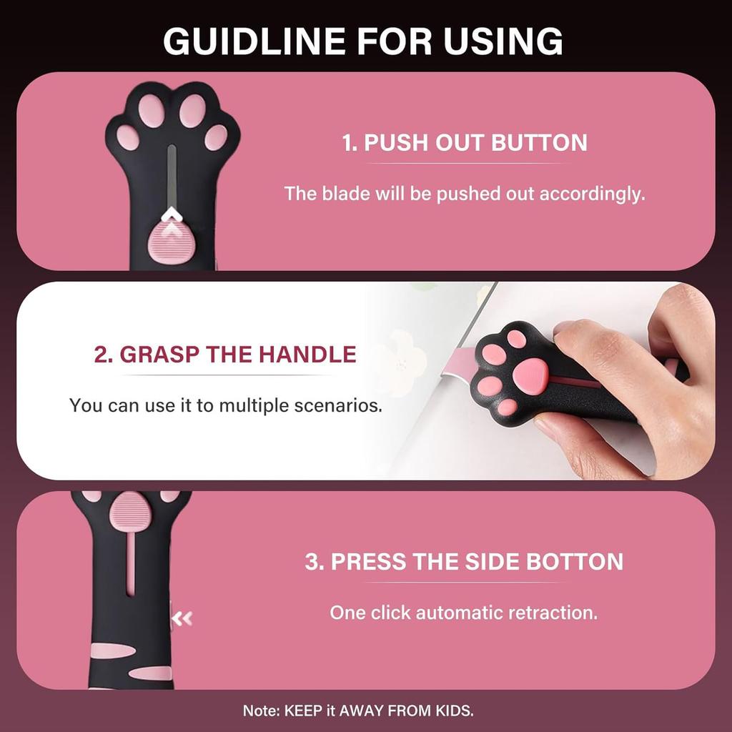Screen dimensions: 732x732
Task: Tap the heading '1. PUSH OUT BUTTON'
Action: click(465, 142)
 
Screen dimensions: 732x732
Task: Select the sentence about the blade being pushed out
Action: click(465, 194)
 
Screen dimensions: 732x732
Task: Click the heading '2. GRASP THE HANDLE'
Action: click(225, 354)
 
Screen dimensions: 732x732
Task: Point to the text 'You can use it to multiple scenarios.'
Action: click(225, 406)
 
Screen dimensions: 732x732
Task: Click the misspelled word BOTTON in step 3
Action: click(575, 561)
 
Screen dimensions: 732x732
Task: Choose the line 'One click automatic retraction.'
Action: click(463, 613)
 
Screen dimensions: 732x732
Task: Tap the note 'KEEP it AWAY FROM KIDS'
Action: click(379, 711)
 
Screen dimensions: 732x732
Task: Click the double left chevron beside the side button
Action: click(184, 618)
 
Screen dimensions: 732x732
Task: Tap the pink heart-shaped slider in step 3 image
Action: click(129, 511)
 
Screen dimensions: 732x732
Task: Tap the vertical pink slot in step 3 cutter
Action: click(129, 565)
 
